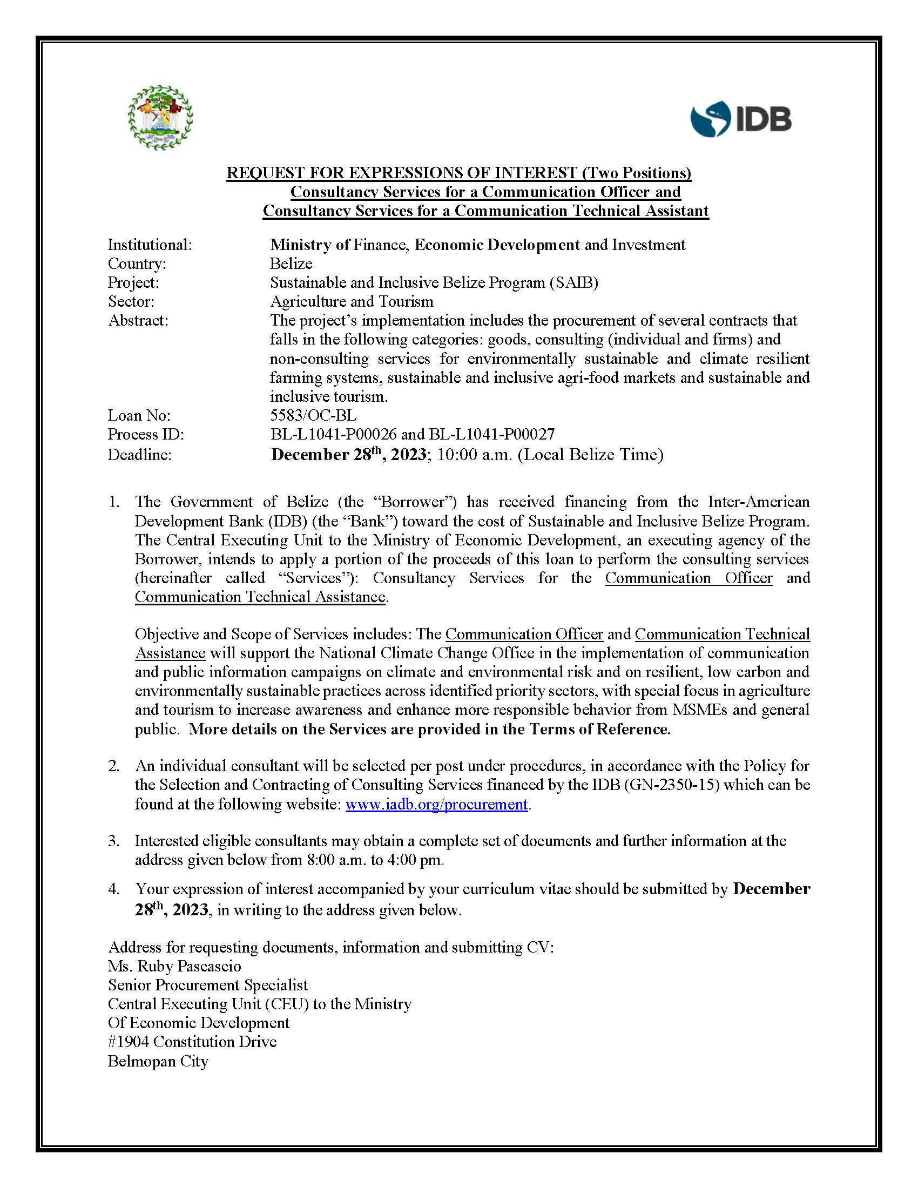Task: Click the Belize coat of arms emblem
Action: tap(160, 118)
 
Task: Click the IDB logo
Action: tap(741, 119)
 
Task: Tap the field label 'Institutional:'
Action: tap(150, 245)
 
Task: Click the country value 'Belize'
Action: tap(291, 264)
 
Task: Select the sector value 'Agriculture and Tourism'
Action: tap(352, 301)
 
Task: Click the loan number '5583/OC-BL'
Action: tap(313, 416)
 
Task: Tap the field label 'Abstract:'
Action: tap(138, 320)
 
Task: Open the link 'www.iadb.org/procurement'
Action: tap(436, 804)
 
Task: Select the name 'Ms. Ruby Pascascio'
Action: tap(174, 966)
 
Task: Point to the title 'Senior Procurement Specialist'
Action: tap(208, 985)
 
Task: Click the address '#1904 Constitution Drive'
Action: tap(192, 1042)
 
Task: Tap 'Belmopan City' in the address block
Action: tap(158, 1061)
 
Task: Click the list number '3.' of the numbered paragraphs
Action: tap(113, 841)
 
